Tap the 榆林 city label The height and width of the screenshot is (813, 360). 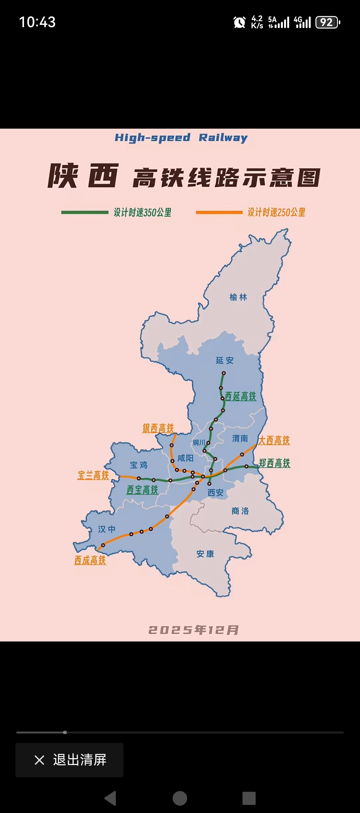click(238, 297)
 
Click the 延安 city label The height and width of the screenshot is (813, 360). click(225, 360)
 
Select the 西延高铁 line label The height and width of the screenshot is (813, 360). click(240, 396)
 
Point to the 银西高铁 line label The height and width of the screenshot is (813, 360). click(158, 428)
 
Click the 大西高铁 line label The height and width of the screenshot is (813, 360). click(274, 440)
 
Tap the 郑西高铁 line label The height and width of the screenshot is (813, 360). click(275, 463)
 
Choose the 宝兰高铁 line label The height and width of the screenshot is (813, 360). click(93, 475)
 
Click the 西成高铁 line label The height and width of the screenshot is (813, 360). click(90, 560)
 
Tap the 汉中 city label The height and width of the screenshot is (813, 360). click(107, 529)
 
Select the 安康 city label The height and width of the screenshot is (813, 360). click(205, 554)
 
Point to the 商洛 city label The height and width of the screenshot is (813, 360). click(240, 511)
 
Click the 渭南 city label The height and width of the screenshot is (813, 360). click(240, 439)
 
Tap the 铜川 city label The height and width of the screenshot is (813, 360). click(199, 443)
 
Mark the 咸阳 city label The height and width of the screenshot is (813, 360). click(185, 458)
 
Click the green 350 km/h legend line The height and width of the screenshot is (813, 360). click(85, 212)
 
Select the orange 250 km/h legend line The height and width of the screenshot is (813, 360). click(219, 212)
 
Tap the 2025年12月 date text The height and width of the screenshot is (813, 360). click(193, 630)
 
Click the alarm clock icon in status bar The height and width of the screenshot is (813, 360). click(239, 22)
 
